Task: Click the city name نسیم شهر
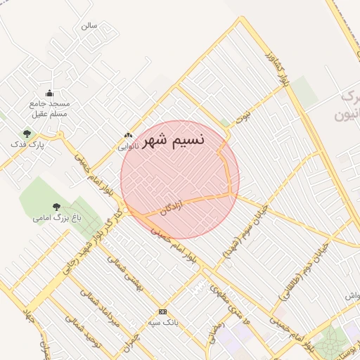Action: coord(174,140)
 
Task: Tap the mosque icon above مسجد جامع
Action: coord(49,94)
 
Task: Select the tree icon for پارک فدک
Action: coord(27,133)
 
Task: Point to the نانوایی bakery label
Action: coord(127,146)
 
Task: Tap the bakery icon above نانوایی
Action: coord(127,135)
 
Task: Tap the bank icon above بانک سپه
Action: coord(162,311)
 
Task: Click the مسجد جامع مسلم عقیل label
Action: coord(50,110)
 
